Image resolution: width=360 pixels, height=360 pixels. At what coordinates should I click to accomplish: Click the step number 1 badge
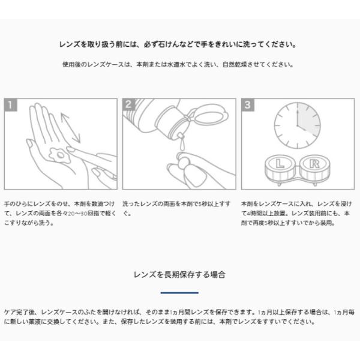(x=11, y=105)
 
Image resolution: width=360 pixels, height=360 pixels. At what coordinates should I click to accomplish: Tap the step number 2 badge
(x=129, y=104)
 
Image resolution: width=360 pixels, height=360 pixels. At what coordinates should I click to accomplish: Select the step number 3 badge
(x=248, y=105)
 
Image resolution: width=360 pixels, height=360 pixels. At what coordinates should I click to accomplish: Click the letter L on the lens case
(x=280, y=164)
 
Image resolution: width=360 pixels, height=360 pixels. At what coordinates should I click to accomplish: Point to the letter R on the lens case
(x=314, y=164)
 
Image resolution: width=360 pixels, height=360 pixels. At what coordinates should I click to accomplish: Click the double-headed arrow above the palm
(x=70, y=128)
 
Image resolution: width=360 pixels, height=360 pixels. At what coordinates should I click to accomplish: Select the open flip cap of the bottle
(x=208, y=115)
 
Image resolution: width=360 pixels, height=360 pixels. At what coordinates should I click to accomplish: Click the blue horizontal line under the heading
(x=179, y=293)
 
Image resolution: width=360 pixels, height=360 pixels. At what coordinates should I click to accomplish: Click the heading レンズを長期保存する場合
(x=179, y=274)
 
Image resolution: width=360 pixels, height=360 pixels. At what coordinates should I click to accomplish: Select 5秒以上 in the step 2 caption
(x=208, y=204)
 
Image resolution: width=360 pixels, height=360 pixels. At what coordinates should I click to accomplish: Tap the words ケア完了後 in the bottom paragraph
(x=20, y=312)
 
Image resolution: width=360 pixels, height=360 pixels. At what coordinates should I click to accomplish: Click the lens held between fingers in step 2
(x=183, y=160)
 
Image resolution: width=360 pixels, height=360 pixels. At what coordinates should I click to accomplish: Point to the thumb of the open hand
(x=34, y=152)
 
